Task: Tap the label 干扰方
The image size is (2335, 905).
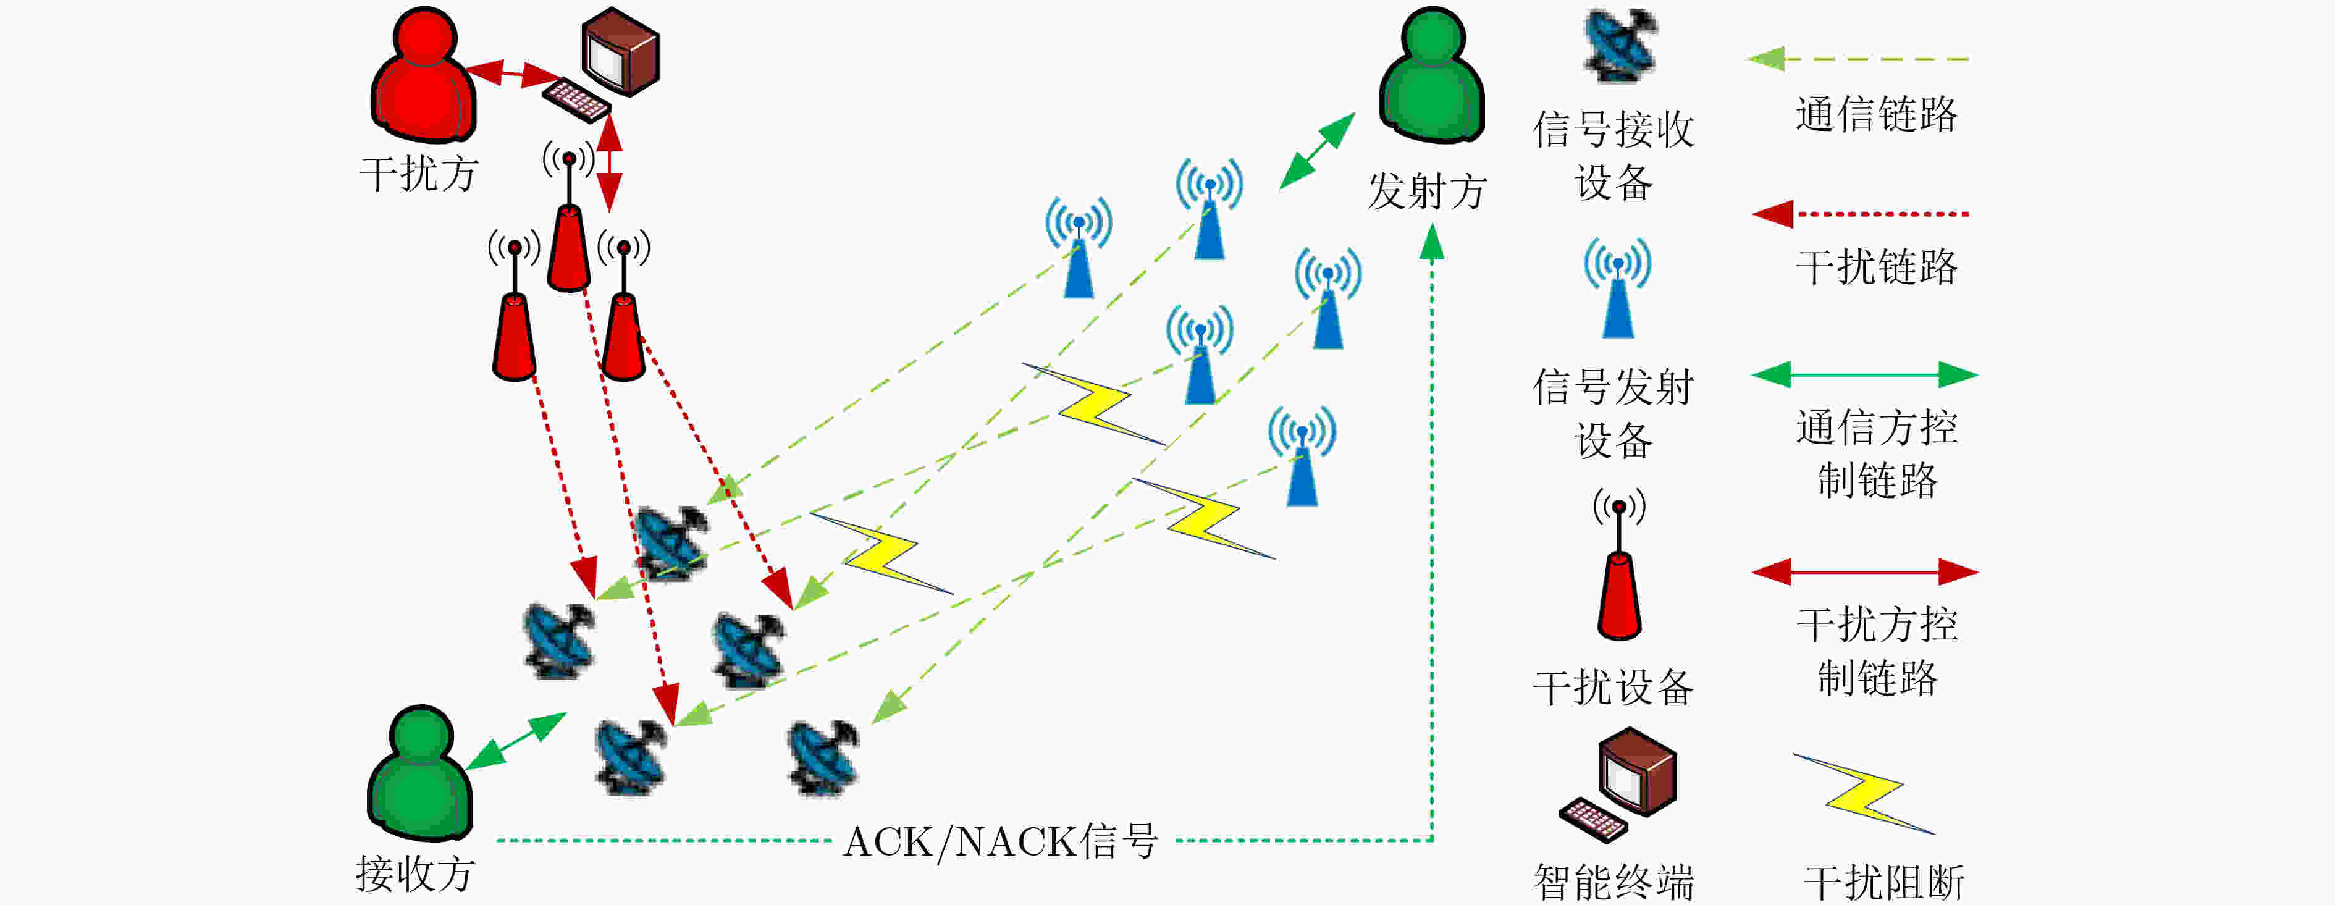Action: click(419, 173)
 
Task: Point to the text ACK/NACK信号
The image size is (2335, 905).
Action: click(1001, 841)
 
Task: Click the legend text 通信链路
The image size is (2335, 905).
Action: click(1877, 114)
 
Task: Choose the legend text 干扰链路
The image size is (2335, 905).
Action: click(1877, 267)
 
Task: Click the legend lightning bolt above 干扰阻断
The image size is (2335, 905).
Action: click(1864, 793)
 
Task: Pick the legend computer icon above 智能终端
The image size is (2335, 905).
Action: click(1618, 785)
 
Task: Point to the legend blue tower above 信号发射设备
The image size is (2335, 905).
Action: click(1618, 288)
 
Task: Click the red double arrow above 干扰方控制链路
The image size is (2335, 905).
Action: click(1864, 572)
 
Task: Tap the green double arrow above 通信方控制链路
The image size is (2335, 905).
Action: click(1864, 374)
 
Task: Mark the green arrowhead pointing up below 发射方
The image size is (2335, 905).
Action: click(1432, 241)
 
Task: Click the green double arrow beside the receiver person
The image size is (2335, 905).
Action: click(516, 741)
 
